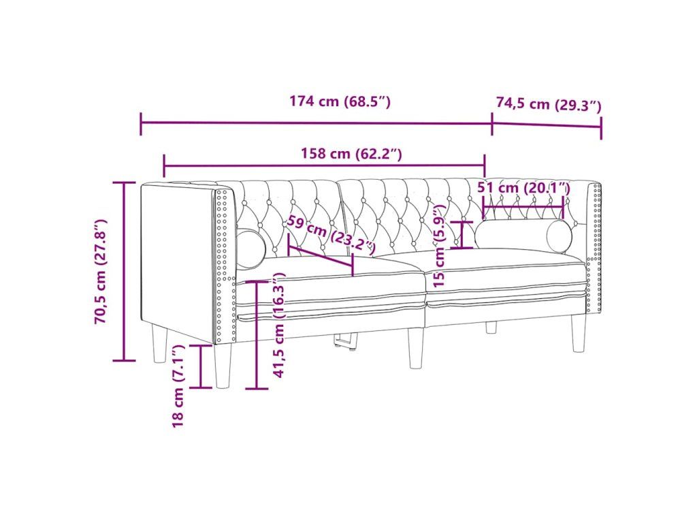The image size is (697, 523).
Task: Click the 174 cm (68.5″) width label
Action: [x=340, y=102]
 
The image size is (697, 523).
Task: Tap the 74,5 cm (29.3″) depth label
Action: [x=549, y=104]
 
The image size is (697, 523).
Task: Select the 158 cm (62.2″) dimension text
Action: [x=352, y=154]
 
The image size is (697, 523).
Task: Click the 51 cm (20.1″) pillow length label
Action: [x=523, y=188]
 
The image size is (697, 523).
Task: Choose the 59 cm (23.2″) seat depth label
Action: [x=331, y=234]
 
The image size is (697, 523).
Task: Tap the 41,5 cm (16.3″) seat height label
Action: [x=279, y=326]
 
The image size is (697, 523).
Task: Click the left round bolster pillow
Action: [x=250, y=249]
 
